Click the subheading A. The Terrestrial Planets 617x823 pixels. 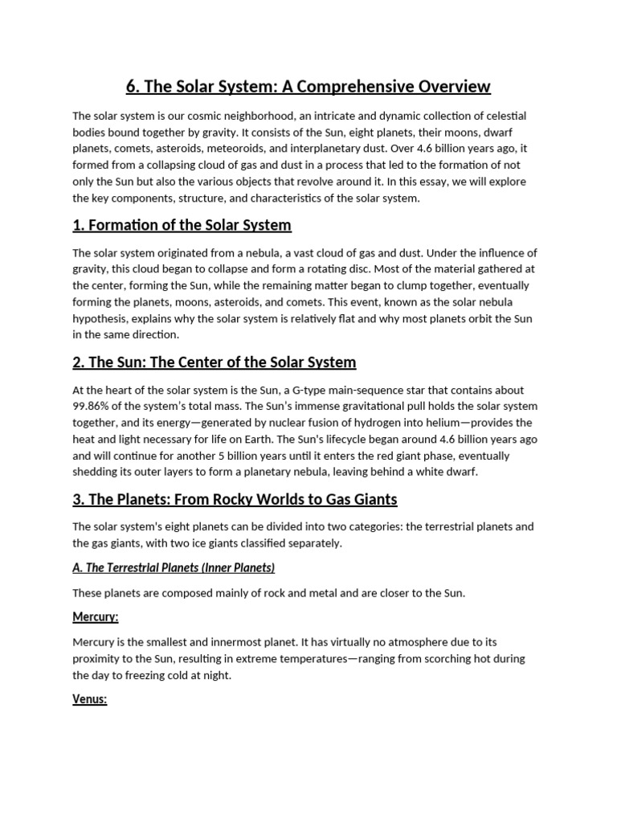coord(174,568)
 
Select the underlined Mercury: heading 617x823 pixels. coord(96,617)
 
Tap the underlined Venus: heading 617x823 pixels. coord(90,699)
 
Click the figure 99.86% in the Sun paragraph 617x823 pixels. coord(94,407)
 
